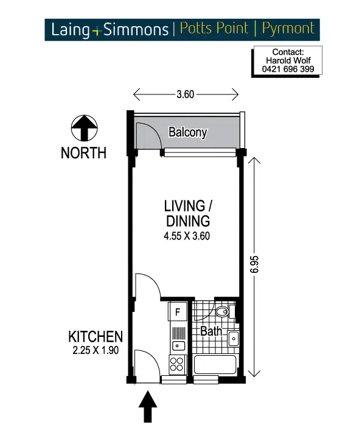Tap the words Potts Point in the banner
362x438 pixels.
pos(215,28)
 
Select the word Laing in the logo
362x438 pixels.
pos(70,29)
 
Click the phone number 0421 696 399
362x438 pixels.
pos(288,69)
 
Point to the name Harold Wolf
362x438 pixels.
pos(288,61)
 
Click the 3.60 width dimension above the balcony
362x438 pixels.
pos(185,94)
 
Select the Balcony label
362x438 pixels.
pos(188,132)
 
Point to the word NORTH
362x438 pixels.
pos(83,153)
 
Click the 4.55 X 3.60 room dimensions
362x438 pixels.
pos(187,236)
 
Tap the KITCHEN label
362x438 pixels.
pos(96,336)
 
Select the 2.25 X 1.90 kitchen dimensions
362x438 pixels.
pos(96,350)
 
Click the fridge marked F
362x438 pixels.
pos(178,313)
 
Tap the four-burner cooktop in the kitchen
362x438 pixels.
pos(177,364)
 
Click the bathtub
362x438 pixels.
pos(215,366)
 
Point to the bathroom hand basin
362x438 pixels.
pos(233,339)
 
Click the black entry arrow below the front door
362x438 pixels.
pos(148,407)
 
